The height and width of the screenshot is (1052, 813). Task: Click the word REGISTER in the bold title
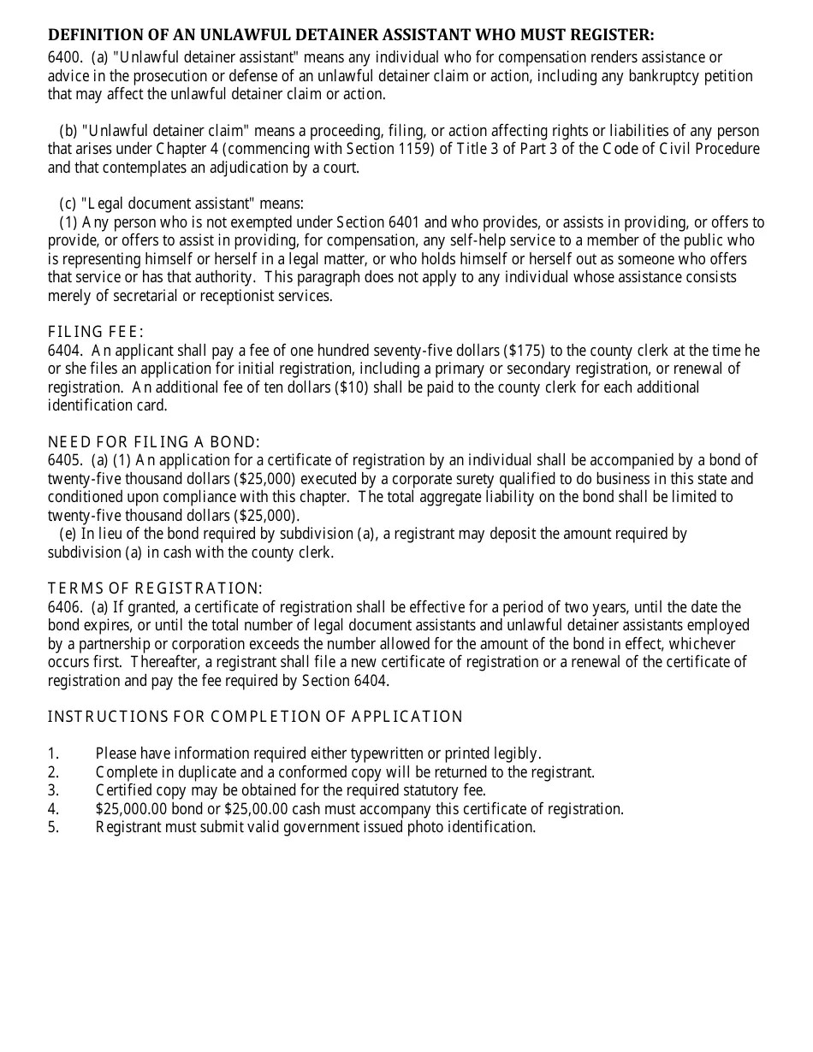pyautogui.click(x=614, y=35)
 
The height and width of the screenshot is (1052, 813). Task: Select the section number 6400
pyautogui.click(x=64, y=57)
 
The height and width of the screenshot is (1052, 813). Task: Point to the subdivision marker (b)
pyautogui.click(x=68, y=131)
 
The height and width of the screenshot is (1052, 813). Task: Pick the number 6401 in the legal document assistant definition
pyautogui.click(x=417, y=222)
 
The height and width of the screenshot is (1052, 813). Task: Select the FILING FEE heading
pyautogui.click(x=96, y=332)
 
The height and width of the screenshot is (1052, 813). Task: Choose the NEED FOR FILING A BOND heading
pyautogui.click(x=153, y=442)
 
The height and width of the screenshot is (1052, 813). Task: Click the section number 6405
pyautogui.click(x=64, y=460)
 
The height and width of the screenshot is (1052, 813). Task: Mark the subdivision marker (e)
pyautogui.click(x=68, y=534)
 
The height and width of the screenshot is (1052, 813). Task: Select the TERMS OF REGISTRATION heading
pyautogui.click(x=155, y=588)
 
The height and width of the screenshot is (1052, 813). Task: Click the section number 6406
pyautogui.click(x=64, y=607)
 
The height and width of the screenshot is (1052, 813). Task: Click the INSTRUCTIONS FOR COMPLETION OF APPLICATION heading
pyautogui.click(x=255, y=717)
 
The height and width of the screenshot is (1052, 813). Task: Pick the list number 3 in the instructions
pyautogui.click(x=53, y=790)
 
